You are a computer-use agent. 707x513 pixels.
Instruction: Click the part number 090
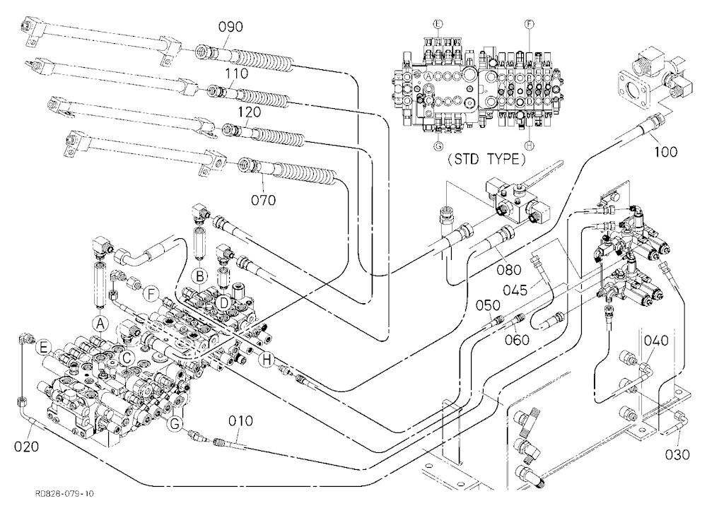coord(230,27)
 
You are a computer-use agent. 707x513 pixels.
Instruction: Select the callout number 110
coord(236,73)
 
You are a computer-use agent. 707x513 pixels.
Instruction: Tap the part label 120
coord(249,112)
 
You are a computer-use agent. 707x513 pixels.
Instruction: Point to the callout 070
coord(263,199)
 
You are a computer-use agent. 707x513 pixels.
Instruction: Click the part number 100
coord(665,151)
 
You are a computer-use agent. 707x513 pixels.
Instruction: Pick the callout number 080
coord(508,270)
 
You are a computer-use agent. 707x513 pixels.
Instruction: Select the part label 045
coord(515,290)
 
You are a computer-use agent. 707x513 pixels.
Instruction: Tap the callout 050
coord(488,305)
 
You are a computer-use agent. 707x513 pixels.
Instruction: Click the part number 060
coord(517,339)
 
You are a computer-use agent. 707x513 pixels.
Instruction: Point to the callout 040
coord(655,341)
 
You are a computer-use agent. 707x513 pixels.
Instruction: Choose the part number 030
coord(677,454)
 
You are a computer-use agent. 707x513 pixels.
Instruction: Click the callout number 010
coord(240,421)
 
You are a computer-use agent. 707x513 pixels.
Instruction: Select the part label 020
coord(26,447)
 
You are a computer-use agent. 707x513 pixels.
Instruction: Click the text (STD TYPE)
coord(486,160)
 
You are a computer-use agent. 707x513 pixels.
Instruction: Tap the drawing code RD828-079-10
coord(64,494)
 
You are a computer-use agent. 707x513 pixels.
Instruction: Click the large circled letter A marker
coord(100,323)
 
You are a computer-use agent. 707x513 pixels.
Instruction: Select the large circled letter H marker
coord(267,359)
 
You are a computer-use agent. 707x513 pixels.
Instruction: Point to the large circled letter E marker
coord(44,347)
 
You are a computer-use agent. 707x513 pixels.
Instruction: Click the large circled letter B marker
coord(200,276)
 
